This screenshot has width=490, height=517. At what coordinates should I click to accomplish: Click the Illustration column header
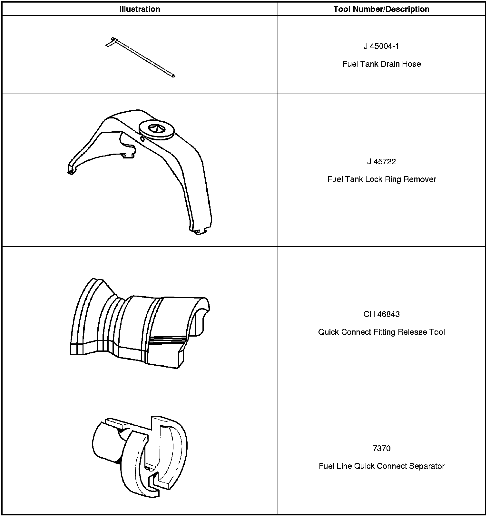(x=140, y=9)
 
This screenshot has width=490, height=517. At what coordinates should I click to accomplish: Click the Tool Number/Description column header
(x=381, y=9)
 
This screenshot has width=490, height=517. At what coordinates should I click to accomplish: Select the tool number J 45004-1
(x=381, y=46)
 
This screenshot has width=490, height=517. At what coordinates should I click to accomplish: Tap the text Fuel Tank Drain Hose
(x=381, y=64)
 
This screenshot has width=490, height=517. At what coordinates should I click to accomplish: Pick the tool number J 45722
(x=381, y=162)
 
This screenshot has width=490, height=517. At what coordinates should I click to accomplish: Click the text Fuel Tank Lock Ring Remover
(x=381, y=179)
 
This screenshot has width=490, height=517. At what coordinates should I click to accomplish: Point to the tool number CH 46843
(x=381, y=314)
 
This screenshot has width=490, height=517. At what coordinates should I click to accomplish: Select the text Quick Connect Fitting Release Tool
(x=381, y=332)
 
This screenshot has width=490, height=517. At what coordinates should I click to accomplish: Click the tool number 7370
(x=381, y=449)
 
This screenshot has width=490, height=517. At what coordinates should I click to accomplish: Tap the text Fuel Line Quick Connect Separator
(x=381, y=466)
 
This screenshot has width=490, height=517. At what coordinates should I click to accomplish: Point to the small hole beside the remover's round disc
(x=142, y=139)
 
